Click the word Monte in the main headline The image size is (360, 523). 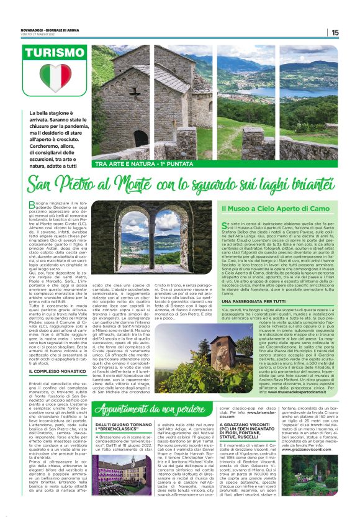pyautogui.click(x=144, y=184)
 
